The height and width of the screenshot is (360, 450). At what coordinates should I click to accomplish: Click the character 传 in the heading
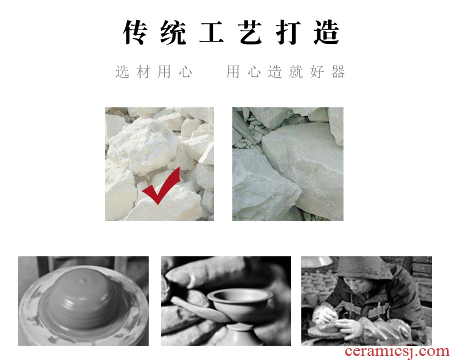click(135, 32)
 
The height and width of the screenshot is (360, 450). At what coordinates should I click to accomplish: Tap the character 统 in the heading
click(173, 32)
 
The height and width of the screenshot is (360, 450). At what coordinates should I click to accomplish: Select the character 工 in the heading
click(211, 32)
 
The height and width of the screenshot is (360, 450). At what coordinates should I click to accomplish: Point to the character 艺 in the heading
click(249, 32)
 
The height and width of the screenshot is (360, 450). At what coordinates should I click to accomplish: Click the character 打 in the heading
click(288, 32)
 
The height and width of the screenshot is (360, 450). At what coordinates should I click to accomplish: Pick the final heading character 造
click(327, 32)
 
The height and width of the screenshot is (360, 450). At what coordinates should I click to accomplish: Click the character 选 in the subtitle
click(122, 71)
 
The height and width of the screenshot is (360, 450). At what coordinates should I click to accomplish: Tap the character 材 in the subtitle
click(144, 71)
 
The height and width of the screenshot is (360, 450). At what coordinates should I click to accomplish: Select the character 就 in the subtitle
click(296, 71)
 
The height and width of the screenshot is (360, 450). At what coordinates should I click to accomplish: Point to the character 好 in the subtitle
click(317, 71)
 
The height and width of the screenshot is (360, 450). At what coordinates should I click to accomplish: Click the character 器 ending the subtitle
click(338, 71)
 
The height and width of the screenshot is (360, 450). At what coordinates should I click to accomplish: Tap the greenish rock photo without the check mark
click(288, 164)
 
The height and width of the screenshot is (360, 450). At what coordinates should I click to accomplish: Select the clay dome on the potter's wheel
click(82, 298)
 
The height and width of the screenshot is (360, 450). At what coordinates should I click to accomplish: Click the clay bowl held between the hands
click(240, 304)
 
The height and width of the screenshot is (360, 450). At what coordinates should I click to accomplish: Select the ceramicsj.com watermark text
click(398, 351)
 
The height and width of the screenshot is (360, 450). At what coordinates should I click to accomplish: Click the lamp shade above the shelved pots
click(317, 262)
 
